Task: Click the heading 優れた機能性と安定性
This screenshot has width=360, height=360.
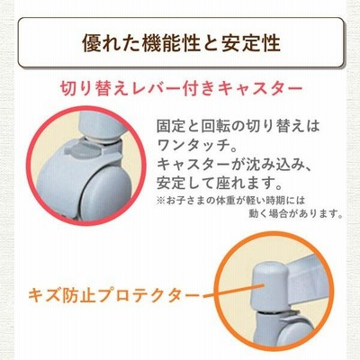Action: pyautogui.click(x=181, y=43)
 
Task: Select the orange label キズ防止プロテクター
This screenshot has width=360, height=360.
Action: pyautogui.click(x=113, y=296)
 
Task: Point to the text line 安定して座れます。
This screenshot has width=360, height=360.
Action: pyautogui.click(x=220, y=182)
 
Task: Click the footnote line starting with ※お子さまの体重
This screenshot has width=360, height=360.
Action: pyautogui.click(x=230, y=200)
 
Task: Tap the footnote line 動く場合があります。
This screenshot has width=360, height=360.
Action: pyautogui.click(x=296, y=213)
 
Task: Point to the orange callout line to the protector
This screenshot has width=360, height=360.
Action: pyautogui.click(x=234, y=291)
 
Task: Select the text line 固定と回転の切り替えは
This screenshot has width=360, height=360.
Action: pyautogui.click(x=238, y=126)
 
